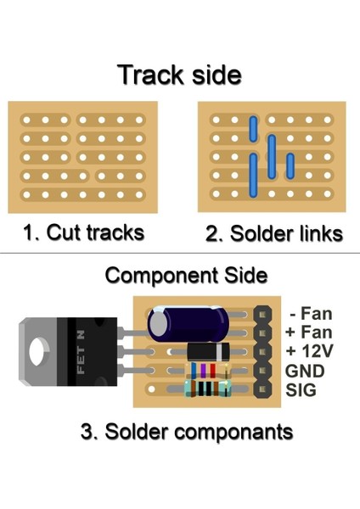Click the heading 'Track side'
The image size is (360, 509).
point(179,75)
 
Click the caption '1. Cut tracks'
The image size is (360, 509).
point(83,232)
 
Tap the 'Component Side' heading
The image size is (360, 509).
point(186,276)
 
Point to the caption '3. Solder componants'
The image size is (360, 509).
point(187,431)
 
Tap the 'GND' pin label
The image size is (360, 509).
point(306,371)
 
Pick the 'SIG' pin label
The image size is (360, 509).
point(303,389)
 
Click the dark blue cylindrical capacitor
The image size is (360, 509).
point(188,323)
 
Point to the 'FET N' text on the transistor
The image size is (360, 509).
point(82,350)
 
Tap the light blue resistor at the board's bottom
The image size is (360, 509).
point(206,389)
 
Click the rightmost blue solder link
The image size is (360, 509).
point(290,165)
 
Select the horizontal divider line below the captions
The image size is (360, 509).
point(180,253)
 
